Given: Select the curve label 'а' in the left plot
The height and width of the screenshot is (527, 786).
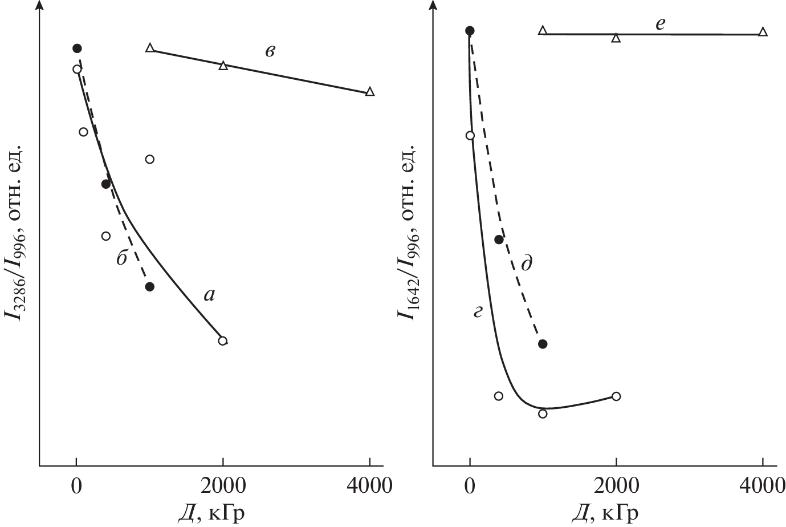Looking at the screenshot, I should coord(209,294).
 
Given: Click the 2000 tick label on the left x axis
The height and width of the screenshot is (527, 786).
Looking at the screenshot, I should coord(223,486).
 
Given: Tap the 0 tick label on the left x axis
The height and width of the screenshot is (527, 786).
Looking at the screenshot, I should coord(76,486).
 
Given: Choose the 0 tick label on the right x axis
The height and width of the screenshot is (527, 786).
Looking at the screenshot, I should coord(470,486).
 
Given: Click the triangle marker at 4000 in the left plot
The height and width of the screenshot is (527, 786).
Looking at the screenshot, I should coord(370,92).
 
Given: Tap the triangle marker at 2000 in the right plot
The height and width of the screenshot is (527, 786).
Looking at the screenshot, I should coord(616,38).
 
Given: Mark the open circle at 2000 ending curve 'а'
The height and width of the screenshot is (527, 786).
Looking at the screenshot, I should coord(223,341).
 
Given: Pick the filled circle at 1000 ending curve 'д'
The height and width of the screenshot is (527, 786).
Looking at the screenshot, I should coord(543,344).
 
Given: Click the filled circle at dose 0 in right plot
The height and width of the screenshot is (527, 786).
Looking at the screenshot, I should coord(470,31).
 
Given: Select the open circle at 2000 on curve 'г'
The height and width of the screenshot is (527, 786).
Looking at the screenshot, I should coord(616,396).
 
